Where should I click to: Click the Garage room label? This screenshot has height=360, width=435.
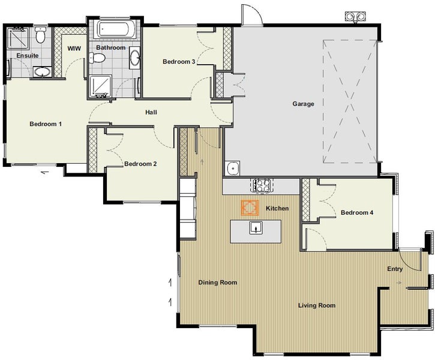tap(303, 104)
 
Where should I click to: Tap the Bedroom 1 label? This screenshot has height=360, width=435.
tap(46, 124)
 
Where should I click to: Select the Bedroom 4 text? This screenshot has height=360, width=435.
tap(357, 213)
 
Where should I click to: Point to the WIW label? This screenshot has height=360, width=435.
tap(74, 49)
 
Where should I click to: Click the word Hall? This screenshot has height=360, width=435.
tap(151, 112)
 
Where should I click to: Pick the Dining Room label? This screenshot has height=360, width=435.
tap(218, 283)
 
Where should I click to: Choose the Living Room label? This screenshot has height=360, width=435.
tap(317, 305)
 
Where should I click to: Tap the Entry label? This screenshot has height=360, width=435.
tap(395, 269)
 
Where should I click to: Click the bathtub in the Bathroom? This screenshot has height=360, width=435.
tap(116, 29)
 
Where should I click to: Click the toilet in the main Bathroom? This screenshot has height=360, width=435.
tap(97, 58)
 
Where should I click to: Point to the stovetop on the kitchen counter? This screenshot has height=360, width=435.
tap(262, 185)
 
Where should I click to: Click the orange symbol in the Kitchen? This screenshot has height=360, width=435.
tap(250, 208)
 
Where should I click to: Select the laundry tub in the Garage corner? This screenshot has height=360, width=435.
tap(232, 168)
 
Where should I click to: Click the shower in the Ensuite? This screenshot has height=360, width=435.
tap(19, 38)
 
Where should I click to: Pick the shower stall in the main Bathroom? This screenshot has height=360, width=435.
tap(100, 86)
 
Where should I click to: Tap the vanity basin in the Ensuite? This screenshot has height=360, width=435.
tap(42, 72)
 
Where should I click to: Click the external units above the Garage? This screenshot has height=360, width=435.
tap(355, 17)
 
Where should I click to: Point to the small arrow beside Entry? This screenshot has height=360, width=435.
tap(398, 283)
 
